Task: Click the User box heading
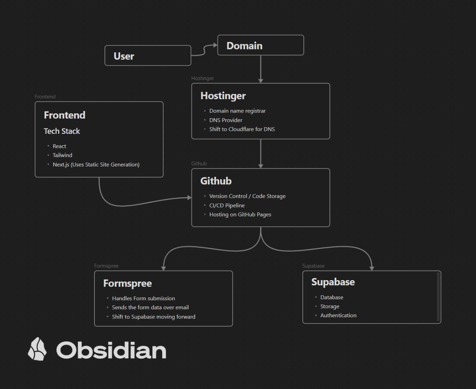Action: [124, 56]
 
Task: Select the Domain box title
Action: [244, 46]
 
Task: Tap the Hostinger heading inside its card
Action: [223, 96]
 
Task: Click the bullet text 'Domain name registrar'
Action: [237, 111]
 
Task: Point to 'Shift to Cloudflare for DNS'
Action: [242, 129]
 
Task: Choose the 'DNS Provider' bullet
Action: [226, 120]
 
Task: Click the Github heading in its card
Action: [216, 181]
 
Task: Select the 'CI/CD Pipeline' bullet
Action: [227, 205]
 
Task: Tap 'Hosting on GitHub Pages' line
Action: [240, 214]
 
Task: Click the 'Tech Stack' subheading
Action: [62, 131]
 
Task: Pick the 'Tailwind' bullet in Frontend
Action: [62, 155]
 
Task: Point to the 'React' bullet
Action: [59, 146]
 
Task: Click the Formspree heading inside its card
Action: [128, 283]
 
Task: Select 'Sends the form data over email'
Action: [150, 307]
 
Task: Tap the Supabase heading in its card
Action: [333, 282]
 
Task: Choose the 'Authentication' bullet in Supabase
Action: [338, 315]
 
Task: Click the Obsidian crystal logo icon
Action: [38, 349]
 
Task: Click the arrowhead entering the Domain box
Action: [215, 45]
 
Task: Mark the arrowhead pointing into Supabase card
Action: [372, 268]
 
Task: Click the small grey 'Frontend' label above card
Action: [45, 97]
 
